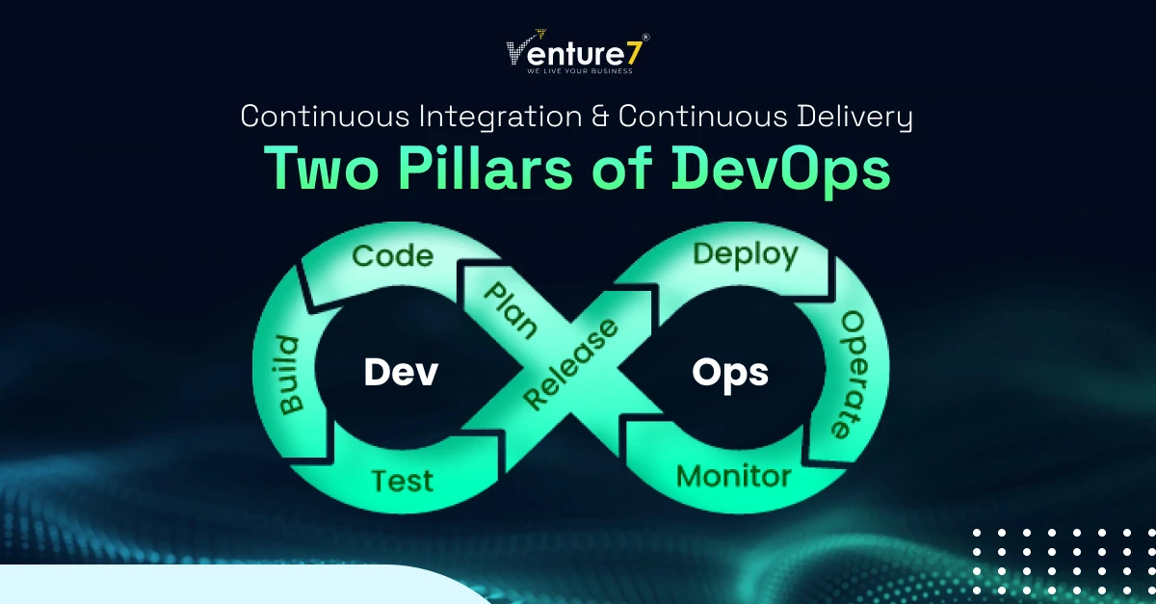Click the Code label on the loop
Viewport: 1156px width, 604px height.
coord(393,256)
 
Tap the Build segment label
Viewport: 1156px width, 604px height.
coord(290,376)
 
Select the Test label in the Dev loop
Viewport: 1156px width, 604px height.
coord(403,481)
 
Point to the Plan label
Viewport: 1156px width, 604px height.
coord(511,311)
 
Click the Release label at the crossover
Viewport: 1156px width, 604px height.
coord(570,364)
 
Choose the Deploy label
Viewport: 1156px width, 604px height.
coord(746,254)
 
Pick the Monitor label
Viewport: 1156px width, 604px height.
coord(734,476)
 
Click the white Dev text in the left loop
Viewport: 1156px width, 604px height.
coord(401,372)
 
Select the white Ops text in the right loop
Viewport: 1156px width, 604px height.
coord(730,373)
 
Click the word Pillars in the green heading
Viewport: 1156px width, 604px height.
coord(486,169)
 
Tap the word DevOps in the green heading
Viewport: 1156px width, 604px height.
coord(781,170)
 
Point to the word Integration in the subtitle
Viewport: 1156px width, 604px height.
coord(501,118)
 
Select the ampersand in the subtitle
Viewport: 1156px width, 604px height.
coord(600,117)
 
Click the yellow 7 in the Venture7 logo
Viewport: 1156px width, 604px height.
coord(634,54)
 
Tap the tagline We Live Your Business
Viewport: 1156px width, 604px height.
coord(580,70)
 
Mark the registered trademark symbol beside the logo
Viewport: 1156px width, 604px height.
coord(646,38)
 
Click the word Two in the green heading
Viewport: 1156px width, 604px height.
coord(321,169)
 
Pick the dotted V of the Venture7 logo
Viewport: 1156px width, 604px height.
coord(517,51)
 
